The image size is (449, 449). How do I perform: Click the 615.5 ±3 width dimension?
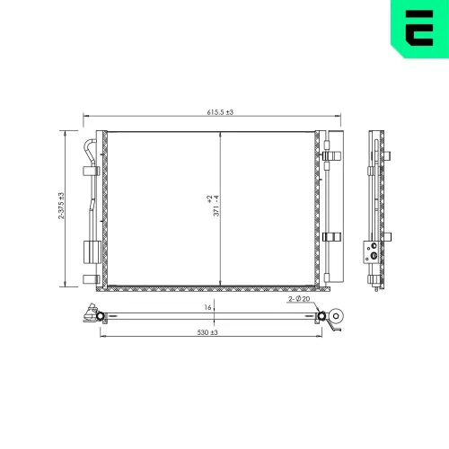pyautogui.click(x=213, y=111)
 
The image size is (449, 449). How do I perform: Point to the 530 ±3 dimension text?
pyautogui.click(x=207, y=332)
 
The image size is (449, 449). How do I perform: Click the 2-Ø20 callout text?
pyautogui.click(x=299, y=299)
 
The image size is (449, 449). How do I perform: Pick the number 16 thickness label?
pyautogui.click(x=207, y=307)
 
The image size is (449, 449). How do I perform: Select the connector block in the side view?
pyautogui.click(x=370, y=251)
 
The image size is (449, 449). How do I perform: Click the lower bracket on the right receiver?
pyautogui.click(x=332, y=237)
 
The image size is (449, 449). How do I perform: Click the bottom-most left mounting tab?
pyautogui.click(x=89, y=278)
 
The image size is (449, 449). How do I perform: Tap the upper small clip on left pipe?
pyautogui.click(x=89, y=171)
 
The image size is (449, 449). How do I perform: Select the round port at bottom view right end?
pyautogui.click(x=337, y=316)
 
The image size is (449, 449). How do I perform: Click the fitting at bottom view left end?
pyautogui.click(x=92, y=315)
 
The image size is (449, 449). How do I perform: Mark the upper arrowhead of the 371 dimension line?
pyautogui.click(x=221, y=134)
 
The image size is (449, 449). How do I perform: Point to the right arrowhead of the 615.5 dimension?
pyautogui.click(x=339, y=117)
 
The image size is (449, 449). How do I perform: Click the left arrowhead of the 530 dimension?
pyautogui.click(x=101, y=338)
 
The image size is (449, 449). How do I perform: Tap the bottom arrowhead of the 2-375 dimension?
pyautogui.click(x=66, y=285)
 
